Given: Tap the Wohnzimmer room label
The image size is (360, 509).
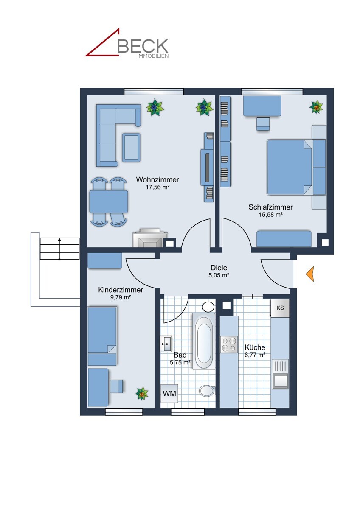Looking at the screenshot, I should pyautogui.click(x=157, y=179).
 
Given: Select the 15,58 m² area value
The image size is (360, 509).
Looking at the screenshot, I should pyautogui.click(x=270, y=215).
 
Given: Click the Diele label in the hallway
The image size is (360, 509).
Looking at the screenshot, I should pyautogui.click(x=219, y=268).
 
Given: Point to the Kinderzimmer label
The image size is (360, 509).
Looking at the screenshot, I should pyautogui.click(x=121, y=290).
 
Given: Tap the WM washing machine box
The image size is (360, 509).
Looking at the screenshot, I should pyautogui.click(x=169, y=393).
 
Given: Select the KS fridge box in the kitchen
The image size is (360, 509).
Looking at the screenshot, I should pyautogui.click(x=280, y=308).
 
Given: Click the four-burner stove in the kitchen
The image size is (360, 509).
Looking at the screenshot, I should pyautogui.click(x=229, y=344).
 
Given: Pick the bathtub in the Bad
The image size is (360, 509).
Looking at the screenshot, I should pyautogui.click(x=204, y=341).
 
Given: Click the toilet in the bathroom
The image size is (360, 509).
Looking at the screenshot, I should pyautogui.click(x=207, y=390).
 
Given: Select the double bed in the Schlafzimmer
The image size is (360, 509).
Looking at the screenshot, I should pyautogui.click(x=289, y=167).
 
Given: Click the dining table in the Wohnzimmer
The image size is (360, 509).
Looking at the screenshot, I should pyautogui.click(x=109, y=201).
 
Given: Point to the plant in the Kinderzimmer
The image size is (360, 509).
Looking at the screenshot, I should pyautogui.click(x=142, y=393).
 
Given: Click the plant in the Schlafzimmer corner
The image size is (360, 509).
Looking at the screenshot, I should pyautogui.click(x=316, y=107).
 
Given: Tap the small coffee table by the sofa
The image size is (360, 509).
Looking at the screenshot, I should pyautogui.click(x=131, y=147).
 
